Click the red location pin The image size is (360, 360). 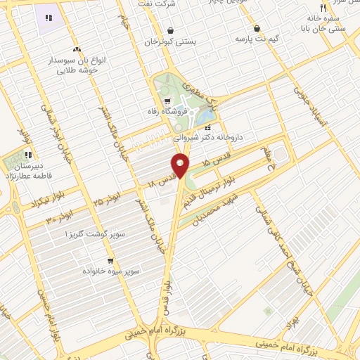tap(181, 165)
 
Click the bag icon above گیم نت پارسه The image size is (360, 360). tap(257, 29)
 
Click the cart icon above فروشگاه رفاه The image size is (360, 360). tap(167, 100)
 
